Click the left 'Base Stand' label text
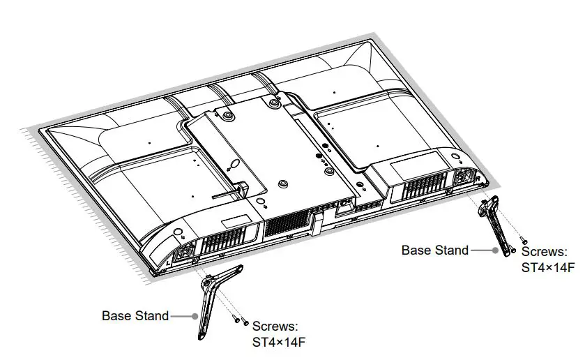pyautogui.click(x=135, y=315)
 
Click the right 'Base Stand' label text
pyautogui.click(x=434, y=250)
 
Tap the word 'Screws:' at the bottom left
pyautogui.click(x=275, y=327)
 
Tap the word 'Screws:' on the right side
pyautogui.click(x=544, y=252)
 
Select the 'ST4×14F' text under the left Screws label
pyautogui.click(x=278, y=342)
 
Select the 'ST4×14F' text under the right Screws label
pyautogui.click(x=547, y=267)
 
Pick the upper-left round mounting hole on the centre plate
pyautogui.click(x=226, y=114)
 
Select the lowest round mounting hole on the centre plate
pyautogui.click(x=282, y=183)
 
